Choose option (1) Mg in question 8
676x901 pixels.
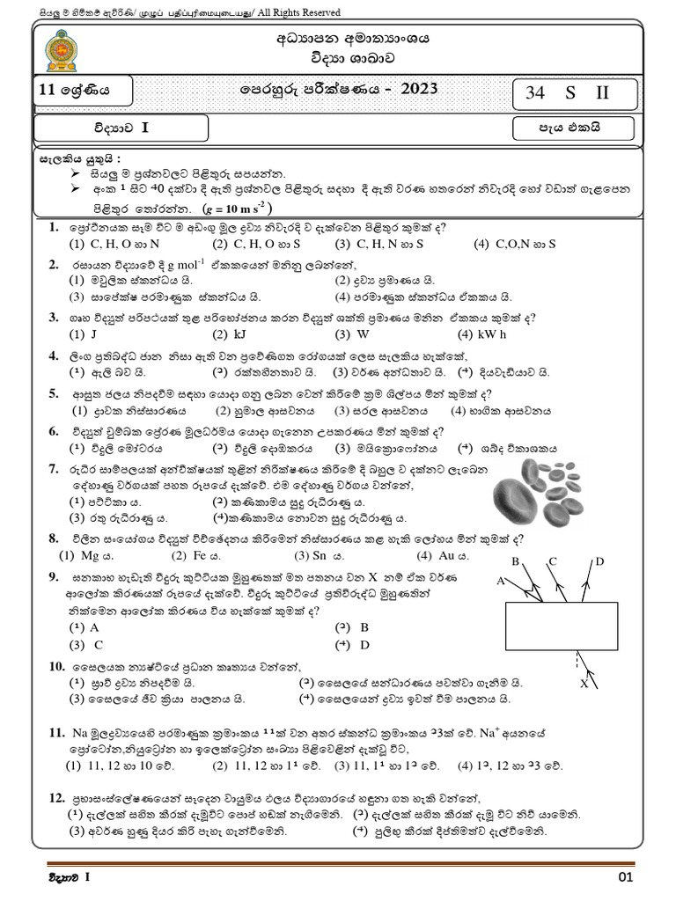(86, 555)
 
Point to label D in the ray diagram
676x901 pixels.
(599, 561)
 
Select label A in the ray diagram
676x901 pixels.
(500, 581)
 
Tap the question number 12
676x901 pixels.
(57, 797)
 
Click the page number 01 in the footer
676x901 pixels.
(626, 877)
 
